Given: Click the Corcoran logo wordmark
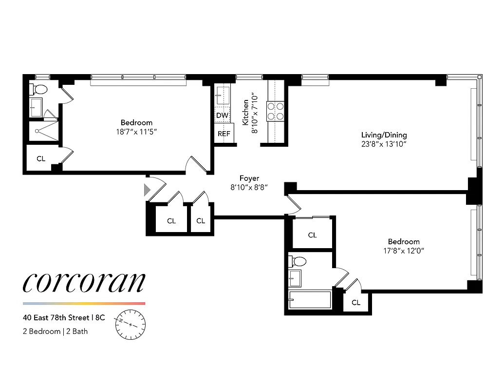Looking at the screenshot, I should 84,282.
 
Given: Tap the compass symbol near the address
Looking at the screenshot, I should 131,324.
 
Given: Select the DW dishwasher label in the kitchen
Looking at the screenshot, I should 222,116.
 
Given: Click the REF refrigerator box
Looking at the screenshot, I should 224,133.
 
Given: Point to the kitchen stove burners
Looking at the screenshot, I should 275,111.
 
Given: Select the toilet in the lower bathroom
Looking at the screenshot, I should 297,262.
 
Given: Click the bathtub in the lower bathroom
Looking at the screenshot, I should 310,299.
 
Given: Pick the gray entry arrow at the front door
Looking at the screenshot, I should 147,190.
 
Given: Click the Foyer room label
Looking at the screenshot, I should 249,178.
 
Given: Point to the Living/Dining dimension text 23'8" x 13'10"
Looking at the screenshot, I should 384,144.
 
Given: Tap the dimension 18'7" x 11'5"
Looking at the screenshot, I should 136,132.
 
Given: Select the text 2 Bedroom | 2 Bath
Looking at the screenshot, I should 55,331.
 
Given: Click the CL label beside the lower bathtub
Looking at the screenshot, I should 356,303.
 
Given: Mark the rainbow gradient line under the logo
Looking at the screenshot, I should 84,303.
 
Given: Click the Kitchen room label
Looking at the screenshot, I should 246,112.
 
